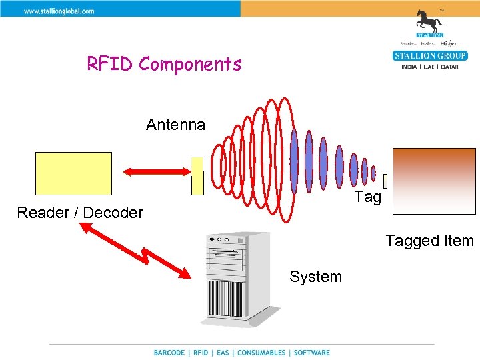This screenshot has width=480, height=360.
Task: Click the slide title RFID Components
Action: click(164, 65)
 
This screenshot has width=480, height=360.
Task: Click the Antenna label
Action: click(176, 125)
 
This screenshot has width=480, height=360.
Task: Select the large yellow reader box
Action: click(74, 173)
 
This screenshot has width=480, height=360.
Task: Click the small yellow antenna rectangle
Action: click(197, 175)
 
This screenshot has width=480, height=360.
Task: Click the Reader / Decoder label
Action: click(80, 213)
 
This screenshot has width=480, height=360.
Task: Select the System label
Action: click(315, 277)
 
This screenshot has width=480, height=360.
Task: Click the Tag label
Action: click(368, 197)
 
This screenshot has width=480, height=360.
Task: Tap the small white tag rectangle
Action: click(385, 180)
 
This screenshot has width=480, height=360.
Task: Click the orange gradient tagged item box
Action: click(434, 181)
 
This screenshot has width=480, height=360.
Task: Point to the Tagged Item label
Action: click(429, 241)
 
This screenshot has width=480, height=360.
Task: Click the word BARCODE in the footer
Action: click(169, 353)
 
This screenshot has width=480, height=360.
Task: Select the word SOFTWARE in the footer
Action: click(311, 353)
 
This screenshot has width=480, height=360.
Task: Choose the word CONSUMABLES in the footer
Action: click(261, 353)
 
